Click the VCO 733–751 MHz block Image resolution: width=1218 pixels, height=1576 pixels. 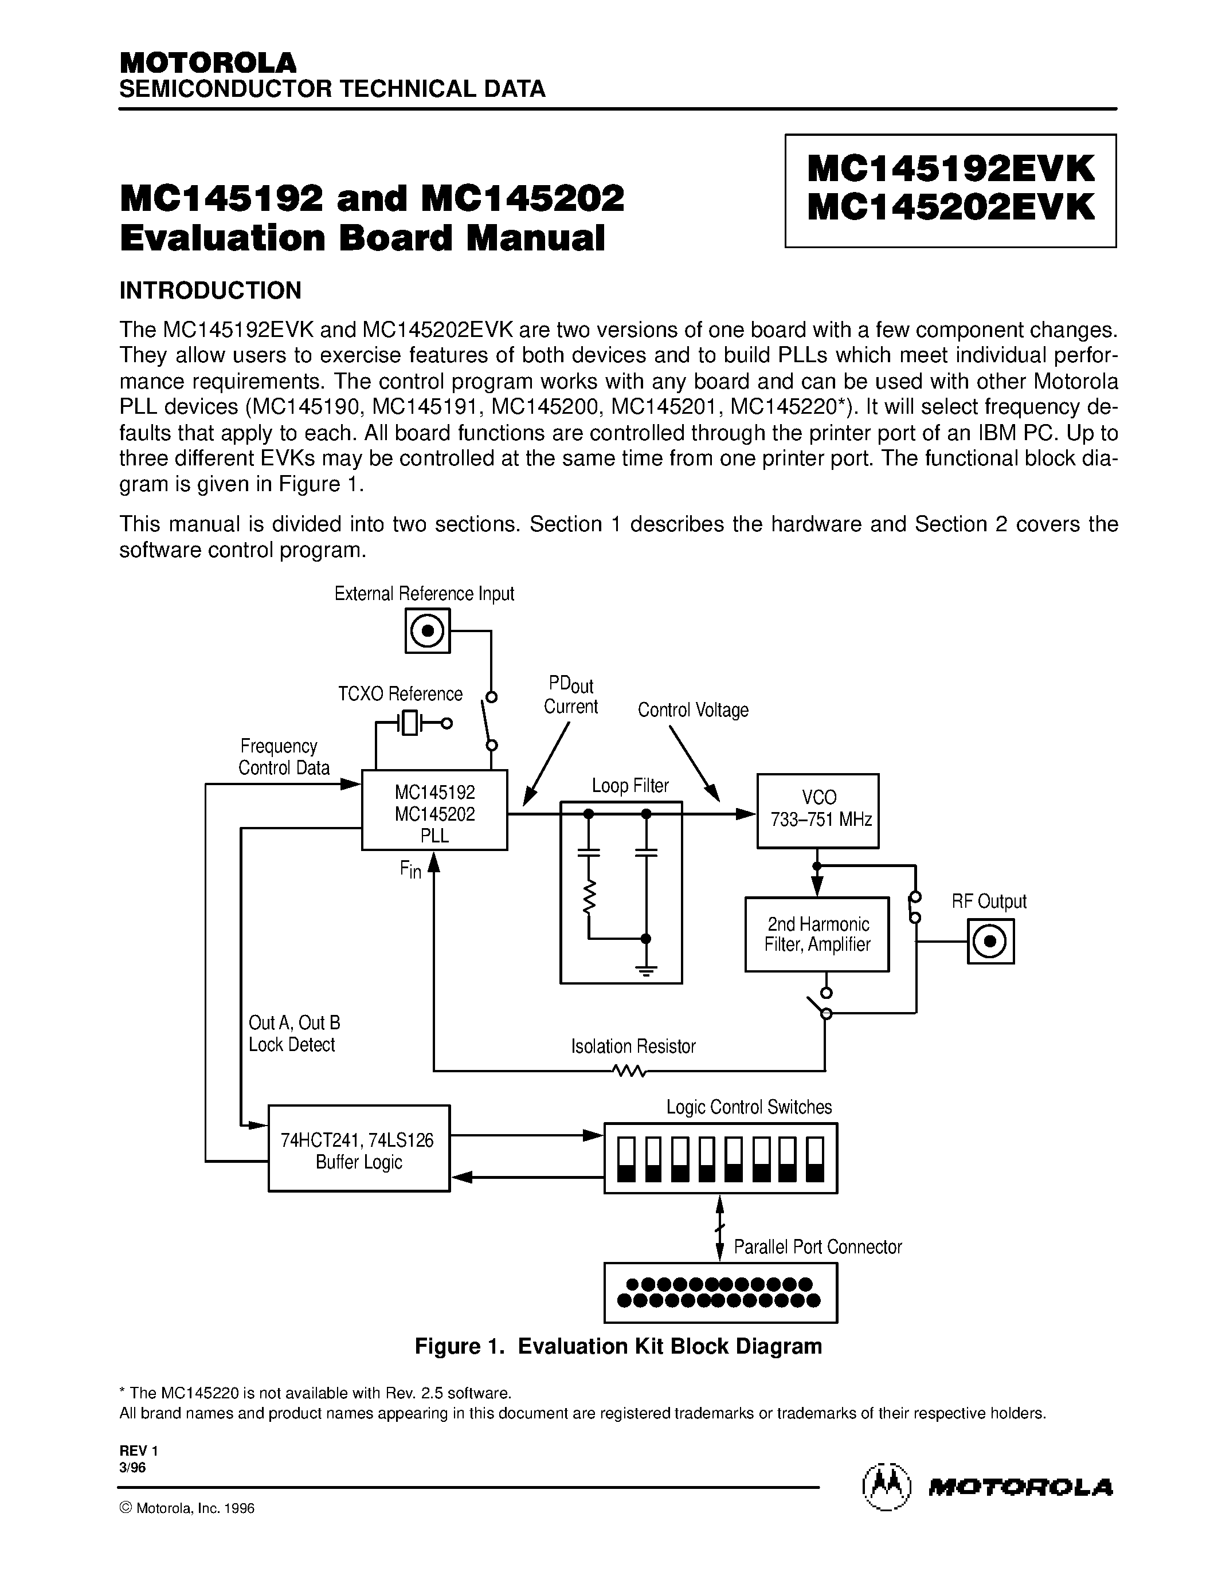(817, 810)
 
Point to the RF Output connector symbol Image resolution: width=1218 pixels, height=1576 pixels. (990, 941)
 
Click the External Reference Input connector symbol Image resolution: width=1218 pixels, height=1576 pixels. (428, 632)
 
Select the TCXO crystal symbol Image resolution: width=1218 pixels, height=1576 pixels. (410, 722)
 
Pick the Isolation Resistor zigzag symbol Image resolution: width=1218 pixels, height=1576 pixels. (629, 1071)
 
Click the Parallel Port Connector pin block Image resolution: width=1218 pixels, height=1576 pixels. (720, 1292)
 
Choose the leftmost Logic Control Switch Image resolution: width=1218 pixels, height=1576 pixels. (626, 1159)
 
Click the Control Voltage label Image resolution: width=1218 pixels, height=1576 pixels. (693, 710)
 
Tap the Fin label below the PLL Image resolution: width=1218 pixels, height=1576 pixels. (410, 869)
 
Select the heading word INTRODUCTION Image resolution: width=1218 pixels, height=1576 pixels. (210, 291)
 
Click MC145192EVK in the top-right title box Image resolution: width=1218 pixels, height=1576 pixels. (950, 170)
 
